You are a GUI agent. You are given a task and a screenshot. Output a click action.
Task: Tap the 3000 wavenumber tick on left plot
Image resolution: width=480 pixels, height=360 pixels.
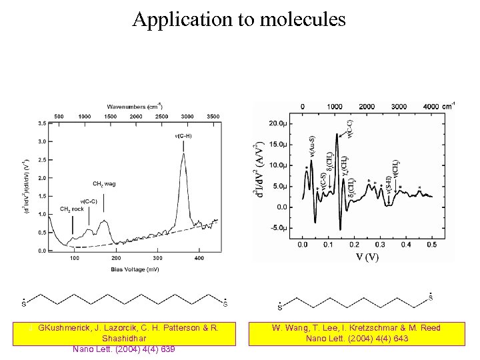[x=187, y=116]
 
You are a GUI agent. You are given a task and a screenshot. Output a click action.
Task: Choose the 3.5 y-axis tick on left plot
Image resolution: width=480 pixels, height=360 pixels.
[x=41, y=123]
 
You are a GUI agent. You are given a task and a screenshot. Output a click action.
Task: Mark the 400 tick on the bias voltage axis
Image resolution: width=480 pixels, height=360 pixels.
[x=199, y=257]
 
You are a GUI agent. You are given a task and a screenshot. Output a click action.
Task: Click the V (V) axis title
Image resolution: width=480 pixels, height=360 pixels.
[x=367, y=257]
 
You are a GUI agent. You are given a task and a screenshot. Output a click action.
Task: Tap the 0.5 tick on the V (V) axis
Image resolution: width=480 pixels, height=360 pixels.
[x=432, y=245]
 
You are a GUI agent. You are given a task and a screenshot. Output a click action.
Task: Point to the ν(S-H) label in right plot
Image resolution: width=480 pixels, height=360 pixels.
[x=388, y=187]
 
